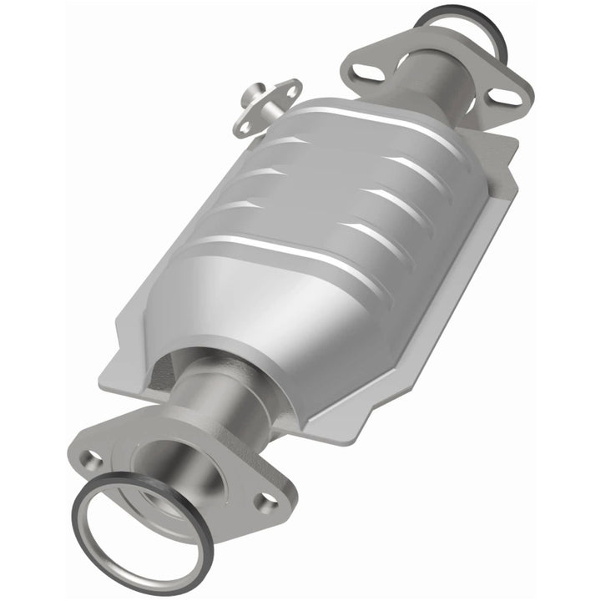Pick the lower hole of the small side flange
[x=245, y=126]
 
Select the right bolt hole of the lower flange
[x=268, y=502]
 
